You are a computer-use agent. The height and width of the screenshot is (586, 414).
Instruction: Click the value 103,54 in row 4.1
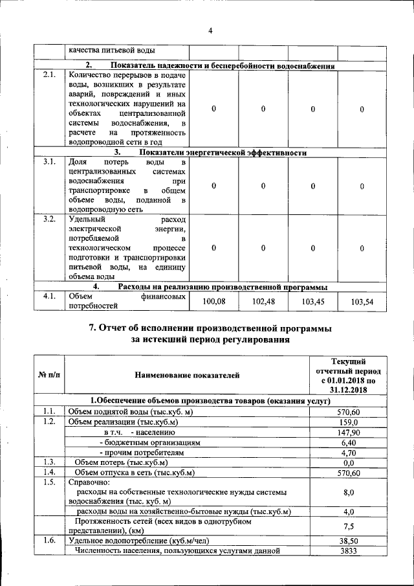click(x=362, y=301)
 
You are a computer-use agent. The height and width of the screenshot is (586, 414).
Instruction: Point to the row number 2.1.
click(x=49, y=75)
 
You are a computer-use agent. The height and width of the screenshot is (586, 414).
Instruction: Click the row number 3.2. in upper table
click(x=49, y=220)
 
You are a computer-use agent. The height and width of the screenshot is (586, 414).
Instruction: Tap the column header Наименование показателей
click(x=187, y=375)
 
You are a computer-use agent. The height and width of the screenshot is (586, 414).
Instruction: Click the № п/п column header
click(x=49, y=375)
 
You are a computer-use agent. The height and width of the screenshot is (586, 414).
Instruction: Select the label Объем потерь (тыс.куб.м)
click(x=121, y=462)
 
